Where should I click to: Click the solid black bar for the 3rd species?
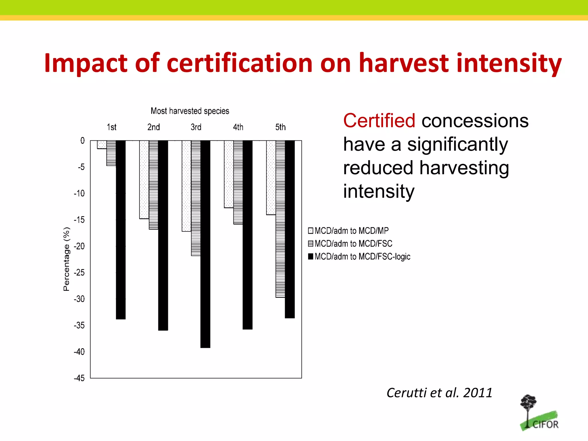coord(205,244)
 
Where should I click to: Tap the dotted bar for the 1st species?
coord(102,145)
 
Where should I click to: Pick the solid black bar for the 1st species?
coord(121,230)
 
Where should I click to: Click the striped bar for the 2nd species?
coord(153,185)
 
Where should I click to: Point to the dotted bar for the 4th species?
coord(229,174)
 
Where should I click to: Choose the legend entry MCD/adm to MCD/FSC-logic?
coord(359,256)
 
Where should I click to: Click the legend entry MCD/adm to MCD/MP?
coord(348,231)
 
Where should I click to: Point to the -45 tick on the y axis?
coord(80,378)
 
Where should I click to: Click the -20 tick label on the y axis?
coord(80,246)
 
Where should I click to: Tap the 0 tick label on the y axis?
coord(82,140)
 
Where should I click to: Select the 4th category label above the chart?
coord(238,127)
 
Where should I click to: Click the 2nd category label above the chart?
coord(154,127)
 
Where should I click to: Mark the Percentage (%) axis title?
coord(66,259)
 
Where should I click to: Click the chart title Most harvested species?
coord(190,111)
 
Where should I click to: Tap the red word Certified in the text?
coord(379,121)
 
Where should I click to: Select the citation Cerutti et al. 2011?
coord(439,392)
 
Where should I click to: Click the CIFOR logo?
coord(539,413)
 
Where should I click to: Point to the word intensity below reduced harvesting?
coord(379,191)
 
